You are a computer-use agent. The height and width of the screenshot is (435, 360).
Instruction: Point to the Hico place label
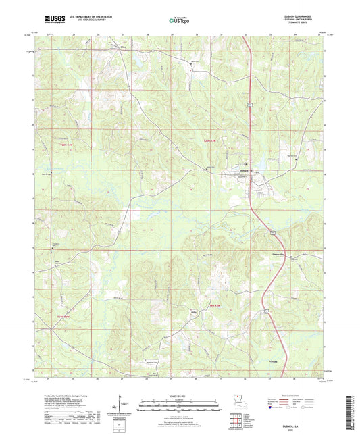pos(123,47)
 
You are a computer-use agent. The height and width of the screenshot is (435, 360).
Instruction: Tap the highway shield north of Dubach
pos(249,103)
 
